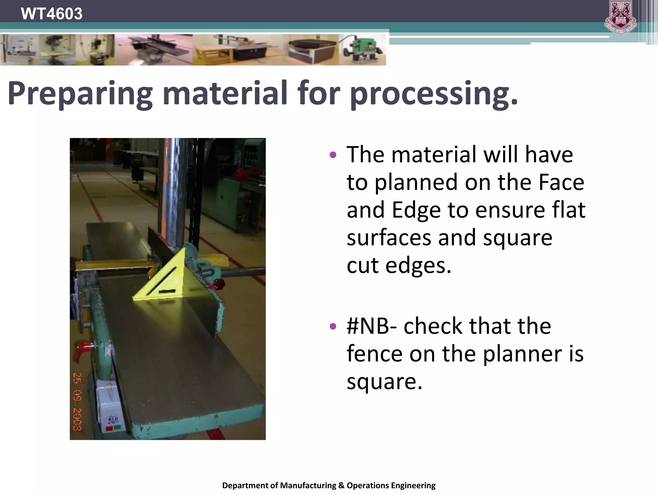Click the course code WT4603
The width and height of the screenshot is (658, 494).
click(51, 14)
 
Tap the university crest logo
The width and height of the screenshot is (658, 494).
click(620, 17)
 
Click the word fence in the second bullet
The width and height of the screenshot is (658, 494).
click(375, 354)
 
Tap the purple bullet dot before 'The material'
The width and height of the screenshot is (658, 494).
click(333, 155)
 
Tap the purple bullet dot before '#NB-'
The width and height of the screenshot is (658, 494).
click(333, 326)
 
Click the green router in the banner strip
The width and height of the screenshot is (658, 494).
click(363, 50)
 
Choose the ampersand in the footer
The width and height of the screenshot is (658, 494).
click(341, 485)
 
